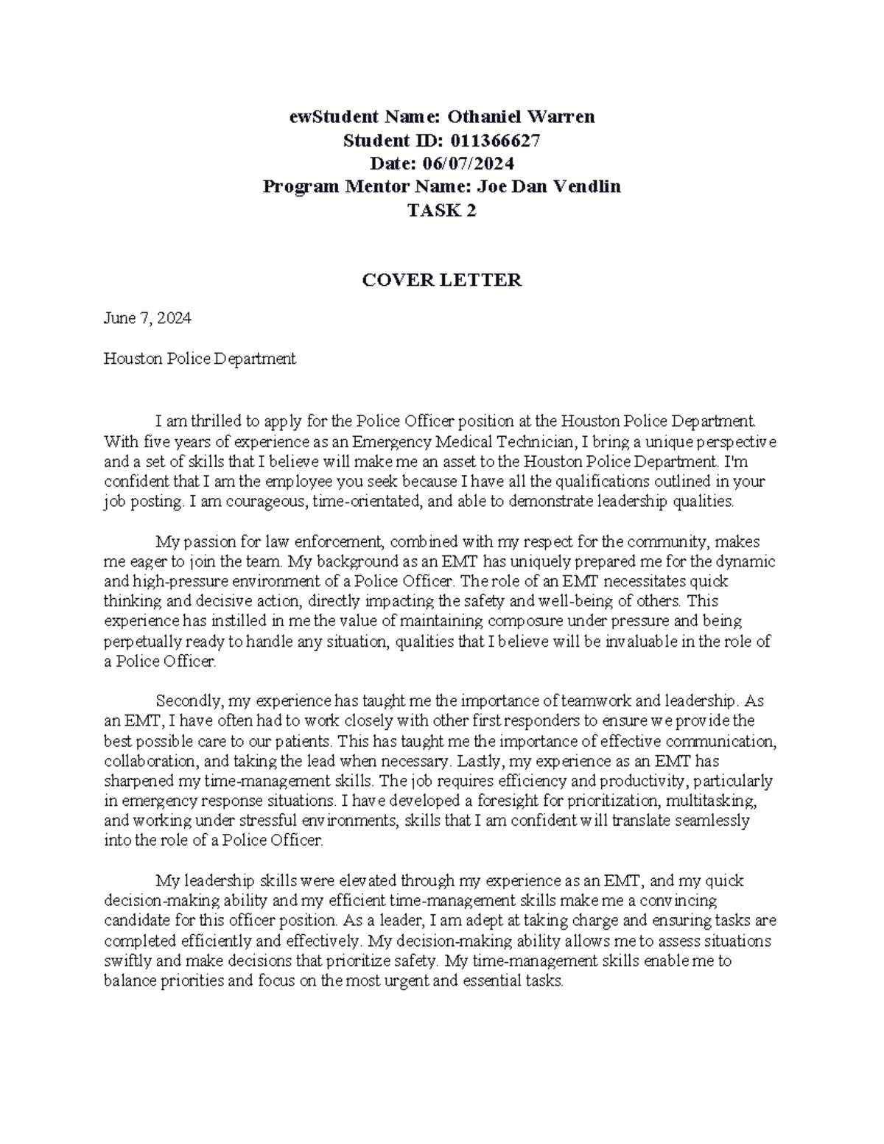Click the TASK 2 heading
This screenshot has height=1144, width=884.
pyautogui.click(x=442, y=211)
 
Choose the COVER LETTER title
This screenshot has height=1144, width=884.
pyautogui.click(x=442, y=280)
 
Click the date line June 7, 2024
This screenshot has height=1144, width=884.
pyautogui.click(x=147, y=318)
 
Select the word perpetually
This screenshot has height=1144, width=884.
pyautogui.click(x=141, y=641)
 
